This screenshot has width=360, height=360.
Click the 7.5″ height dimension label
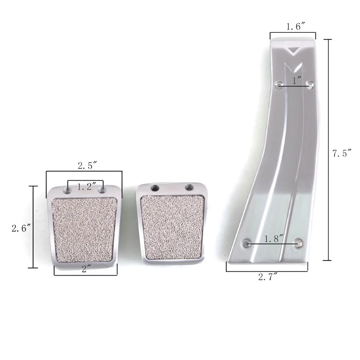click(342, 153)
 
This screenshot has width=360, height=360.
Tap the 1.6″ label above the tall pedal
click(296, 27)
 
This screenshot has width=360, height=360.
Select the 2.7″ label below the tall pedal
click(268, 277)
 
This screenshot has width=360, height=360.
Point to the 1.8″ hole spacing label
click(274, 239)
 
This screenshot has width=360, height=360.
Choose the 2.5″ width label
click(87, 166)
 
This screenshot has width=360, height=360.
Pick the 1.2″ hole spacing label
click(86, 186)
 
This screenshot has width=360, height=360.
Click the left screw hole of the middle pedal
click(155, 188)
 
